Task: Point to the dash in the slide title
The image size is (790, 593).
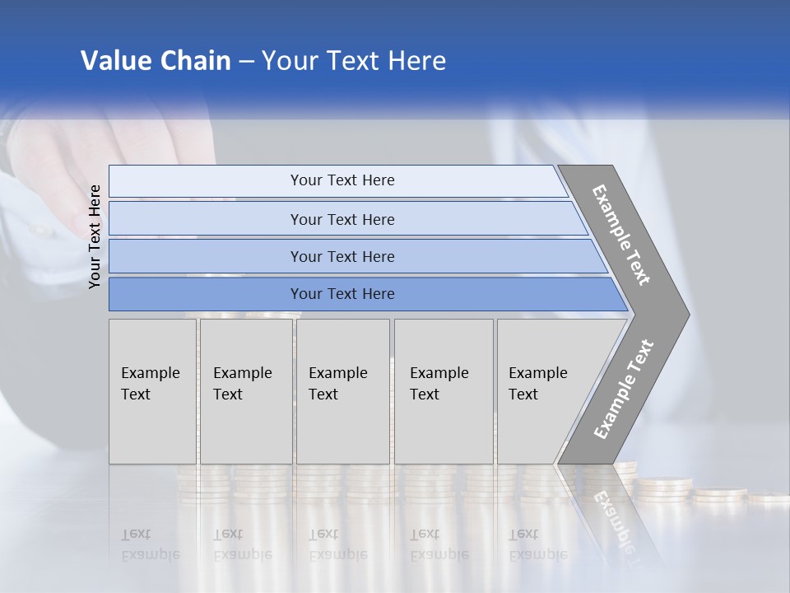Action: tap(246, 62)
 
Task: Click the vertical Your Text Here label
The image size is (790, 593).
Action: tap(95, 236)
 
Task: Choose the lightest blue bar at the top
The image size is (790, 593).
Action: tap(342, 180)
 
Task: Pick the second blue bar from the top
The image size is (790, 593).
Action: tap(342, 219)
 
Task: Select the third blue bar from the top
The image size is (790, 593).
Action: tap(342, 256)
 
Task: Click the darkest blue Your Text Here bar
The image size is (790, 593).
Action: tap(342, 294)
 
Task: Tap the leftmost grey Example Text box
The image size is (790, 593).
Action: tap(152, 391)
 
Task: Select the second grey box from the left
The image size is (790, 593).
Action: tap(245, 391)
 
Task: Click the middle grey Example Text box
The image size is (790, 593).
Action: tap(342, 391)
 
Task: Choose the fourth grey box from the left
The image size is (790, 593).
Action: tap(443, 391)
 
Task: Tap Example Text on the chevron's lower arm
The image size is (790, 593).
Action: tap(623, 390)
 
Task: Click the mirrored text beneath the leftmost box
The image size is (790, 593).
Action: tap(150, 544)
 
